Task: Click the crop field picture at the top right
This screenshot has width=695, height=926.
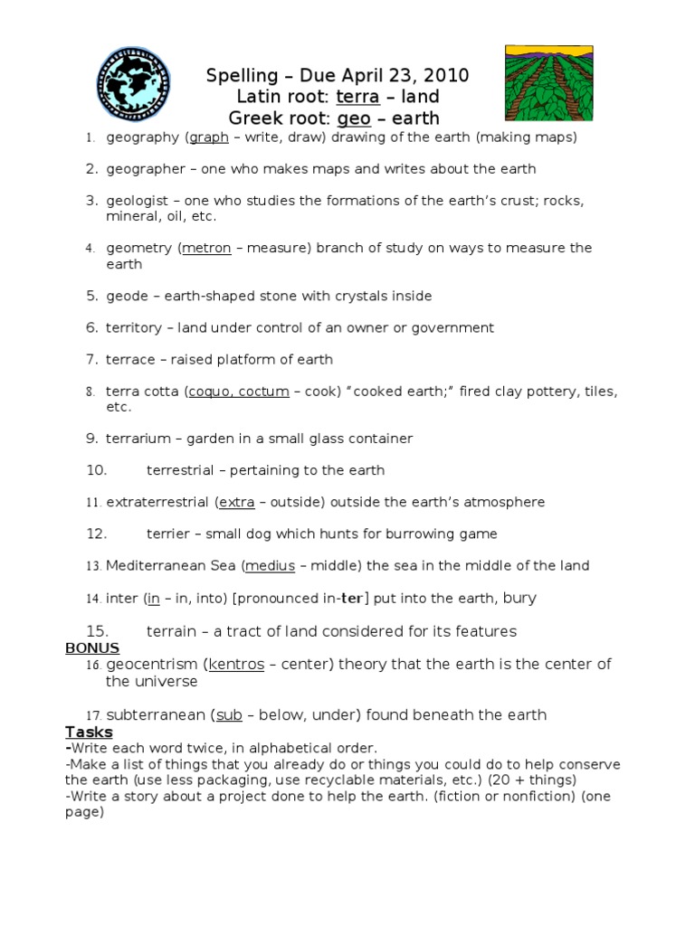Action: click(548, 83)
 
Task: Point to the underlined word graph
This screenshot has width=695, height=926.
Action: click(209, 137)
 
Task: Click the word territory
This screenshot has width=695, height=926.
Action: click(134, 327)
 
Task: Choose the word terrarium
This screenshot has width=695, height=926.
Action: click(138, 439)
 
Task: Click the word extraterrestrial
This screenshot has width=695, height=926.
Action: click(157, 502)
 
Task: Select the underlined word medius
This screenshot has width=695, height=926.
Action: click(271, 565)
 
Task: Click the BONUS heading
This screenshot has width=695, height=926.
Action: click(92, 647)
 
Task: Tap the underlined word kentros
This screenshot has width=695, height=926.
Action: click(236, 665)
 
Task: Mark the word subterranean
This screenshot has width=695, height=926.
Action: click(157, 715)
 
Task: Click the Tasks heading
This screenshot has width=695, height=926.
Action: click(89, 732)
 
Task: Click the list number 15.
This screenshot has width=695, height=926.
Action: click(97, 630)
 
